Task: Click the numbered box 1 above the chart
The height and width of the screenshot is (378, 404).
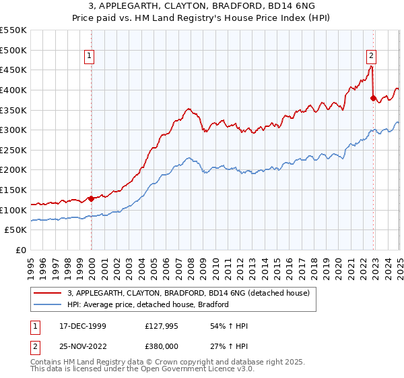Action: click(90, 56)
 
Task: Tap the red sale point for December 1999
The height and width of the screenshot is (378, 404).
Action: click(91, 199)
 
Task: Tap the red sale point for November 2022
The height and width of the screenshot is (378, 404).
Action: click(373, 98)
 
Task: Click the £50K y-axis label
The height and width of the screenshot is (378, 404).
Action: click(16, 230)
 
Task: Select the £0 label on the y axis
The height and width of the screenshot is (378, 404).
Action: click(22, 250)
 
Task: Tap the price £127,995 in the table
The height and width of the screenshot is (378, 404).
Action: click(161, 326)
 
